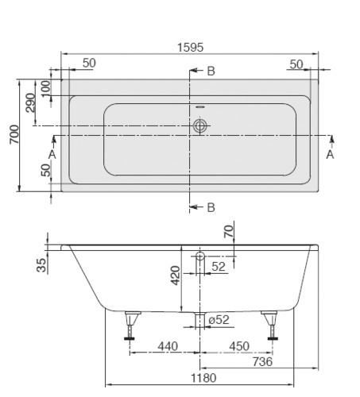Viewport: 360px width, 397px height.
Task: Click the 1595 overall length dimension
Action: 190,48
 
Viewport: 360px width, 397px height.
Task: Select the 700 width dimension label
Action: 14,134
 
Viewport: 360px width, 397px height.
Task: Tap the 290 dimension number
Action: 30,102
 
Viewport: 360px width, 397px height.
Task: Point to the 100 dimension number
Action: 46,89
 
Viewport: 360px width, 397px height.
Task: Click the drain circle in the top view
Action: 199,125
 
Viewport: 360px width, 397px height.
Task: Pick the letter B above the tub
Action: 211,71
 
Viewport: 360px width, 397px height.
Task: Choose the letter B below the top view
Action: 211,207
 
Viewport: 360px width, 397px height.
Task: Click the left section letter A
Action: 52,154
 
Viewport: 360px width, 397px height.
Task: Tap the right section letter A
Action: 330,154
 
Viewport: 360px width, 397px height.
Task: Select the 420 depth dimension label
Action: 175,276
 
